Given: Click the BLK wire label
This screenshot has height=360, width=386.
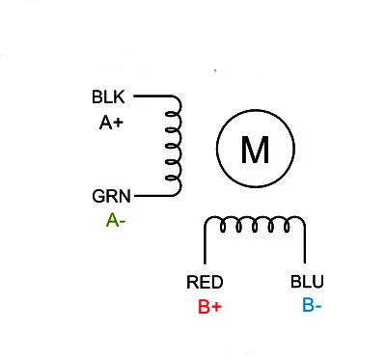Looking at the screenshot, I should pyautogui.click(x=108, y=97).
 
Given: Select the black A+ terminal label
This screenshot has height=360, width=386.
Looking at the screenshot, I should pyautogui.click(x=111, y=123).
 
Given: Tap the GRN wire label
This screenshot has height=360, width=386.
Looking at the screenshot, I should pyautogui.click(x=111, y=196).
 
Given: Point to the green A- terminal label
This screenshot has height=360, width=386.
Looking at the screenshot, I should pyautogui.click(x=116, y=220).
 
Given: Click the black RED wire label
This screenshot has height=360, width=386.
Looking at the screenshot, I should pyautogui.click(x=205, y=283).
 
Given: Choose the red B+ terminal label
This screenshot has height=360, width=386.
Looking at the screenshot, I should pyautogui.click(x=210, y=308).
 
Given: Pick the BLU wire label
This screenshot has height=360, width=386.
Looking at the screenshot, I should pyautogui.click(x=308, y=283).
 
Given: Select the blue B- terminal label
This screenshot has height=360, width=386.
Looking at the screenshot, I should pyautogui.click(x=312, y=307).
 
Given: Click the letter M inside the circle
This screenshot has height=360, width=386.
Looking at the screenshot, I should pyautogui.click(x=254, y=150).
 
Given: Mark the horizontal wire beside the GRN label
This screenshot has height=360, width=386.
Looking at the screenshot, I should pyautogui.click(x=152, y=196).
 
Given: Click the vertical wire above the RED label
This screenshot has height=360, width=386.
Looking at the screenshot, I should pyautogui.click(x=204, y=246).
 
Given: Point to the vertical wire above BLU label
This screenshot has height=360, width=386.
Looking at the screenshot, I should pyautogui.click(x=305, y=246).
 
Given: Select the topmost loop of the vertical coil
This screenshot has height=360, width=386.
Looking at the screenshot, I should pyautogui.click(x=174, y=113).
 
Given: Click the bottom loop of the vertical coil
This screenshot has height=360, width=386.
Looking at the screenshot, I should pyautogui.click(x=174, y=179).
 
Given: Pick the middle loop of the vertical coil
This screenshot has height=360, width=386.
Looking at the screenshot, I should pyautogui.click(x=174, y=146).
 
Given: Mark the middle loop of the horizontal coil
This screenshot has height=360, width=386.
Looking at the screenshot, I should pyautogui.click(x=255, y=226).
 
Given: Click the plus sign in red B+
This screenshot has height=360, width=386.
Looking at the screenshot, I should pyautogui.click(x=218, y=308).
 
